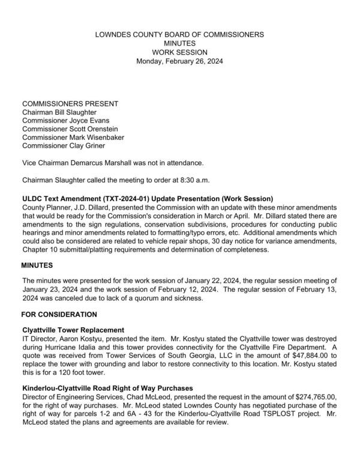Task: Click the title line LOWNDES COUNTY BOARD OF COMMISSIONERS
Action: click(x=179, y=35)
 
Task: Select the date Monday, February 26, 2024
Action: click(x=179, y=61)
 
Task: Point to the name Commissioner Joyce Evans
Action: click(x=65, y=120)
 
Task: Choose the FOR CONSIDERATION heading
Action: click(x=59, y=313)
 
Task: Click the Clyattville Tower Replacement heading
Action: click(x=73, y=330)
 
